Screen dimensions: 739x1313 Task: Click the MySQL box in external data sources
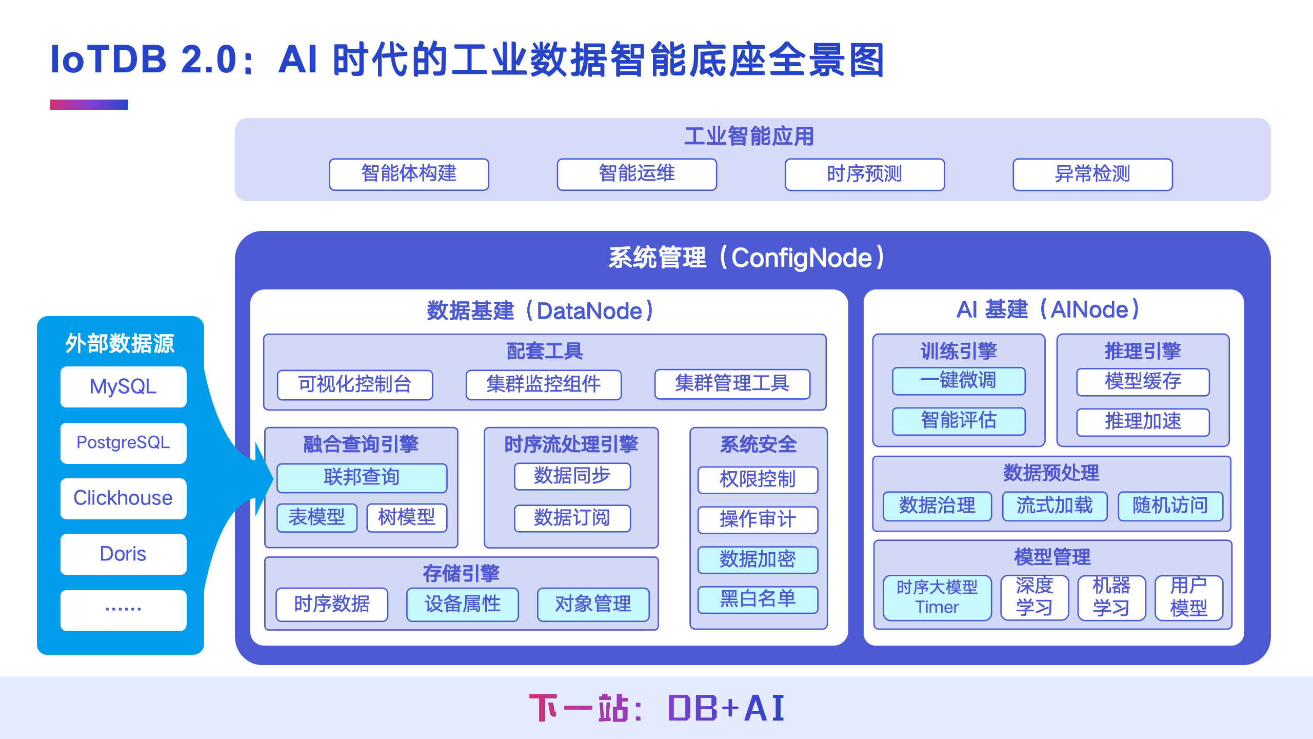tap(123, 386)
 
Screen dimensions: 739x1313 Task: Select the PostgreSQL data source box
tap(123, 443)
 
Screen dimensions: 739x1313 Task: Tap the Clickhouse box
tap(123, 498)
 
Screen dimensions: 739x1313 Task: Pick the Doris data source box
tap(123, 554)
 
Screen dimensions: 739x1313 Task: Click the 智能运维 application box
tap(636, 174)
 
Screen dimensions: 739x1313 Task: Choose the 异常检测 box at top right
tap(1092, 174)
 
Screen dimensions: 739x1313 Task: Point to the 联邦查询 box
tap(362, 477)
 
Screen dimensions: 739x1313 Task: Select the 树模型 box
tap(407, 517)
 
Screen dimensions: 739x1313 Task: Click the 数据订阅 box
tap(572, 518)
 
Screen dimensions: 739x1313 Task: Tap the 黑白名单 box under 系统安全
tap(758, 599)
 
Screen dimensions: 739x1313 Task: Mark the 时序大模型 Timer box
tap(937, 597)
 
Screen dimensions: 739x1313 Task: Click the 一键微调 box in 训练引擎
tap(958, 381)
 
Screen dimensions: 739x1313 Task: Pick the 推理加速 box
tap(1143, 422)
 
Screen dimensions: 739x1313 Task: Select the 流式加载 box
tap(1055, 506)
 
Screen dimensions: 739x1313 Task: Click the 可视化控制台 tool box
tap(355, 384)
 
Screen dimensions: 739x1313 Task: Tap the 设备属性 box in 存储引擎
tap(462, 604)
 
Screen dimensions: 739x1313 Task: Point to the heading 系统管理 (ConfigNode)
tap(747, 258)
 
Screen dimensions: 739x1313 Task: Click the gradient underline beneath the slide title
tap(89, 105)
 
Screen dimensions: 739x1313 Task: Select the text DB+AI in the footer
tap(726, 708)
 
